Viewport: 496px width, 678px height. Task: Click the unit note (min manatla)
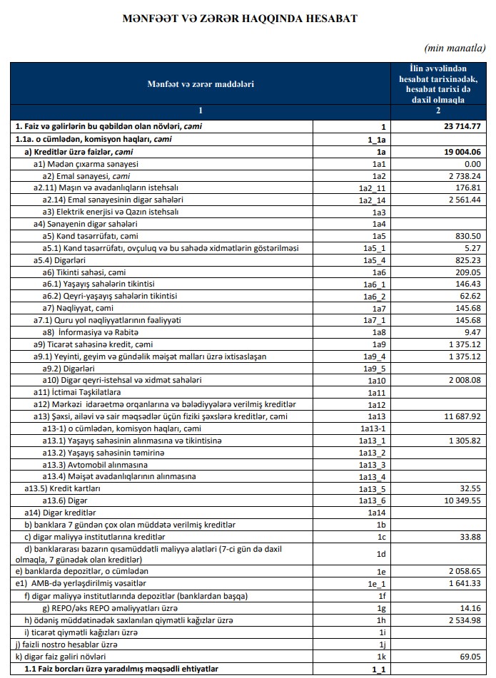pos(455,48)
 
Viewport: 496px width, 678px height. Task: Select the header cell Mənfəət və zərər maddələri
pos(201,84)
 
